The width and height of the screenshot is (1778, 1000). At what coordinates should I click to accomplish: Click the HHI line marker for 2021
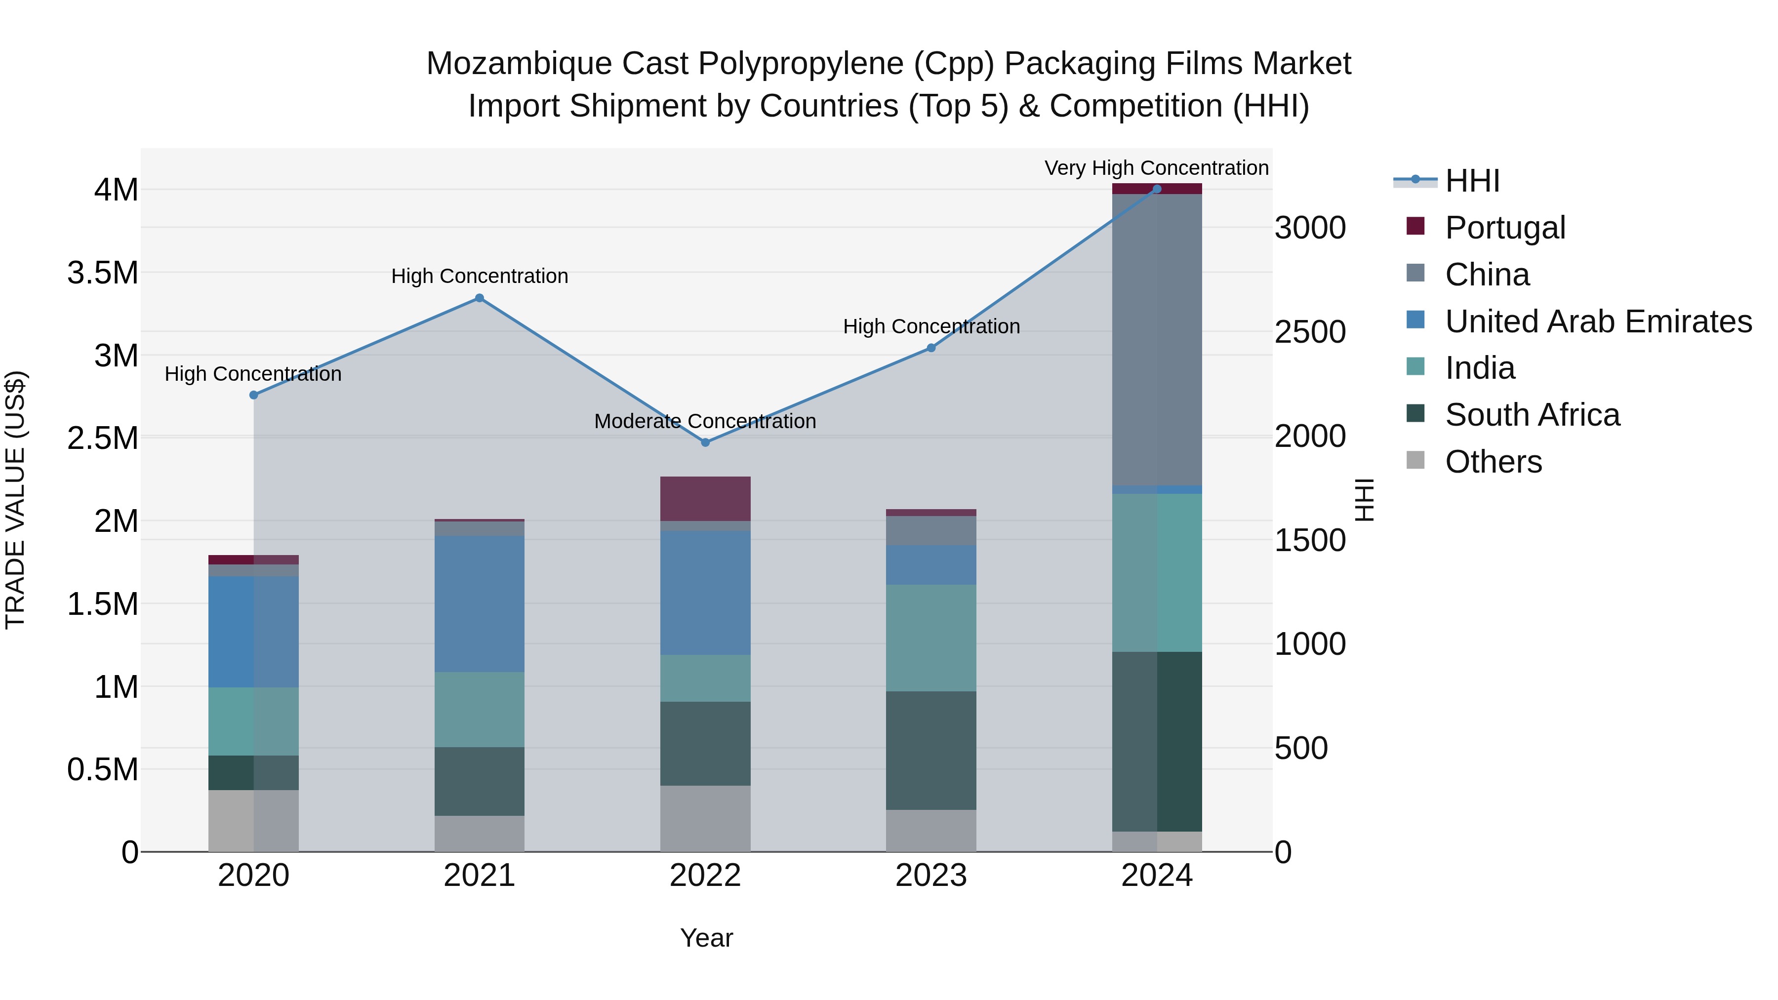479,298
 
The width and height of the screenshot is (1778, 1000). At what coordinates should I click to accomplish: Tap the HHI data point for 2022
705,442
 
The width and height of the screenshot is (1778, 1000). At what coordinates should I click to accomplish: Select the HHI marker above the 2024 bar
1157,189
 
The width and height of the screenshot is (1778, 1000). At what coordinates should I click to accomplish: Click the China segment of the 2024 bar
1157,340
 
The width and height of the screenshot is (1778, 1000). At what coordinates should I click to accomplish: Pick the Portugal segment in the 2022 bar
705,498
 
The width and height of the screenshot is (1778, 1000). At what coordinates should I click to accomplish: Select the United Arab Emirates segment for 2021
479,604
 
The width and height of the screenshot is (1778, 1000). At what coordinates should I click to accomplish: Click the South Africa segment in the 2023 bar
931,750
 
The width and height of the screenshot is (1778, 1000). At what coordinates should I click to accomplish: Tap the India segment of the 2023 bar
931,638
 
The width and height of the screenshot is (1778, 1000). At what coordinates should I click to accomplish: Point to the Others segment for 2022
705,818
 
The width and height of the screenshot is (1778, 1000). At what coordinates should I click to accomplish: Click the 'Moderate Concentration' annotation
705,421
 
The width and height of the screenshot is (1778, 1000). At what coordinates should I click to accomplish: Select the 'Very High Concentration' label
1156,168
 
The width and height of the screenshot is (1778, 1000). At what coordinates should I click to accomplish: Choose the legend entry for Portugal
1505,228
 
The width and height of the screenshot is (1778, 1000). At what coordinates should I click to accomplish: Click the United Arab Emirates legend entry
1598,321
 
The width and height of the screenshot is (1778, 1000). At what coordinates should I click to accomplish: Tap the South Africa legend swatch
1415,414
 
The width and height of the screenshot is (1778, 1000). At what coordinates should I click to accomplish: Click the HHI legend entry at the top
1472,181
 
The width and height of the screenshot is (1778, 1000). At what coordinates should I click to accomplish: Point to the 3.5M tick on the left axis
103,273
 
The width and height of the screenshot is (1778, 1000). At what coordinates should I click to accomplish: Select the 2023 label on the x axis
931,876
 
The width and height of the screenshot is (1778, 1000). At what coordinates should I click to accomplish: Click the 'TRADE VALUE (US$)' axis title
15,500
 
